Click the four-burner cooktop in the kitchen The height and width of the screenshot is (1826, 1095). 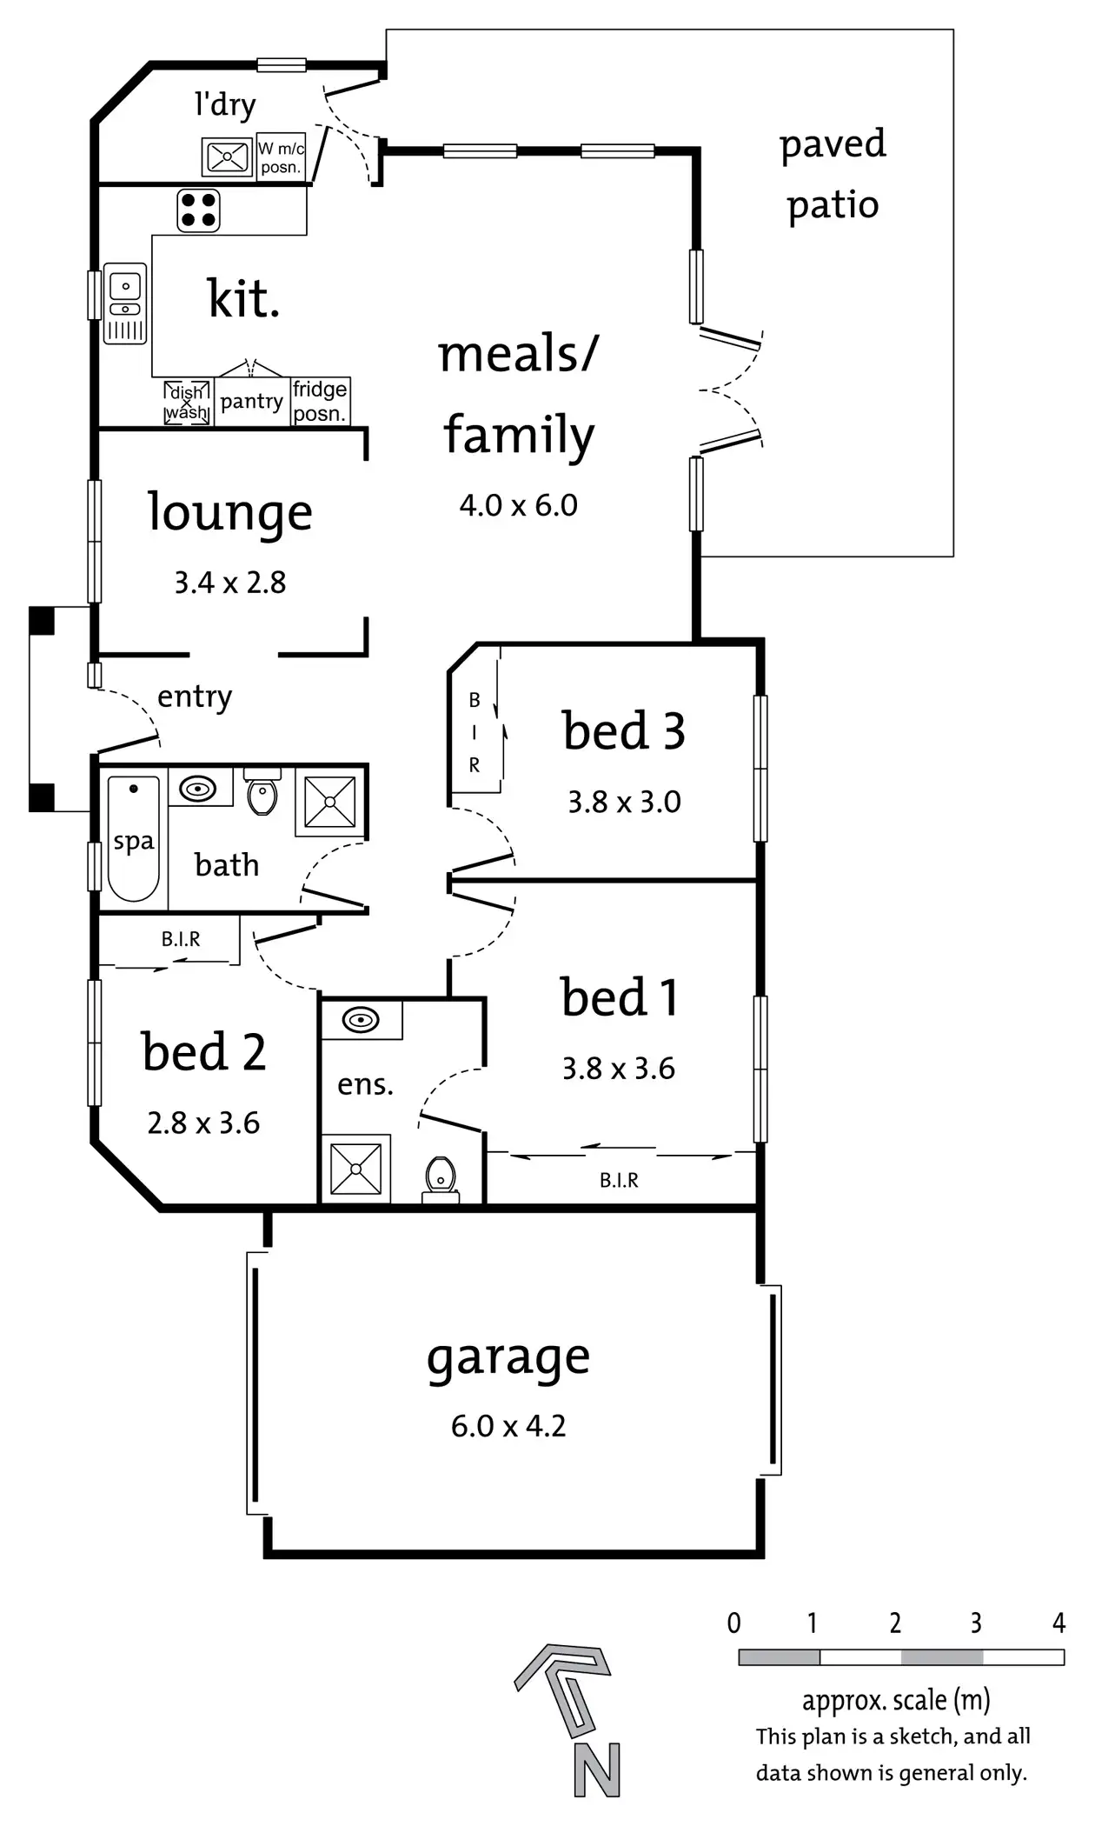tap(199, 210)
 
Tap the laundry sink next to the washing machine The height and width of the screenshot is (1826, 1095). tap(227, 157)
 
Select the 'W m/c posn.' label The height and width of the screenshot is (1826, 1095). tap(281, 158)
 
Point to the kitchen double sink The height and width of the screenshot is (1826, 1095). tap(126, 303)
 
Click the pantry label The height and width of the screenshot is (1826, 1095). tap(251, 402)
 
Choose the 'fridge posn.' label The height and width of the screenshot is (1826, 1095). tap(320, 401)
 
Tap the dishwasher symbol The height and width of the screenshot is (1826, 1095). tap(187, 403)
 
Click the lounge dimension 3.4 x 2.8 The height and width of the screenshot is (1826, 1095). tap(230, 583)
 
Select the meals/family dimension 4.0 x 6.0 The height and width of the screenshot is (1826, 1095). tap(519, 505)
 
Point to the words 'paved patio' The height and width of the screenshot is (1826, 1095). tap(833, 174)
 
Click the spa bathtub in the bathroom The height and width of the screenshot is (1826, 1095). tap(134, 838)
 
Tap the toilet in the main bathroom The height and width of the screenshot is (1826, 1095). tap(262, 793)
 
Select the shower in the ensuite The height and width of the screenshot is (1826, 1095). tap(355, 1169)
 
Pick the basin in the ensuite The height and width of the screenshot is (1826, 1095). tap(361, 1019)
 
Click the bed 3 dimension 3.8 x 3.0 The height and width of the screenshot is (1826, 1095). tap(624, 802)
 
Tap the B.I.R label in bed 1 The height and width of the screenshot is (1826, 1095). tap(619, 1180)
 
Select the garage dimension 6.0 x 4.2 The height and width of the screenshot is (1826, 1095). tap(508, 1426)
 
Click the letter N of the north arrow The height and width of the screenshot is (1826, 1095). tap(597, 1770)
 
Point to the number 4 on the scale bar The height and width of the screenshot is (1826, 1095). tap(1058, 1623)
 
